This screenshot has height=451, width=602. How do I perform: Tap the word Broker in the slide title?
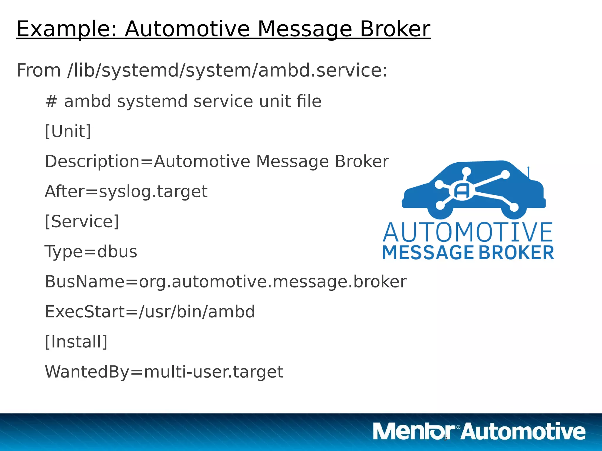click(395, 29)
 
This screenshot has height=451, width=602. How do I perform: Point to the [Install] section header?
click(76, 341)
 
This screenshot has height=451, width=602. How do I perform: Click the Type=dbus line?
click(91, 252)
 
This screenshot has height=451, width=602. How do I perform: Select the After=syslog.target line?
click(126, 191)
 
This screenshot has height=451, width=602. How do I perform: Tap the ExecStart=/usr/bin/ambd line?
click(150, 312)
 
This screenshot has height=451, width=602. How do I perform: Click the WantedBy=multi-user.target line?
click(164, 372)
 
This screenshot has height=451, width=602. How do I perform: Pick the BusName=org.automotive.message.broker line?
click(225, 282)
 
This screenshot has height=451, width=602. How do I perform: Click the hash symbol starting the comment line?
click(51, 101)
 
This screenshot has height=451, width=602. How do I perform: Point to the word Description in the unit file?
click(92, 161)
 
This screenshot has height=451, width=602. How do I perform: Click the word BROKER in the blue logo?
click(516, 253)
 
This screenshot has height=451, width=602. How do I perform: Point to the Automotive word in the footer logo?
click(523, 431)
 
